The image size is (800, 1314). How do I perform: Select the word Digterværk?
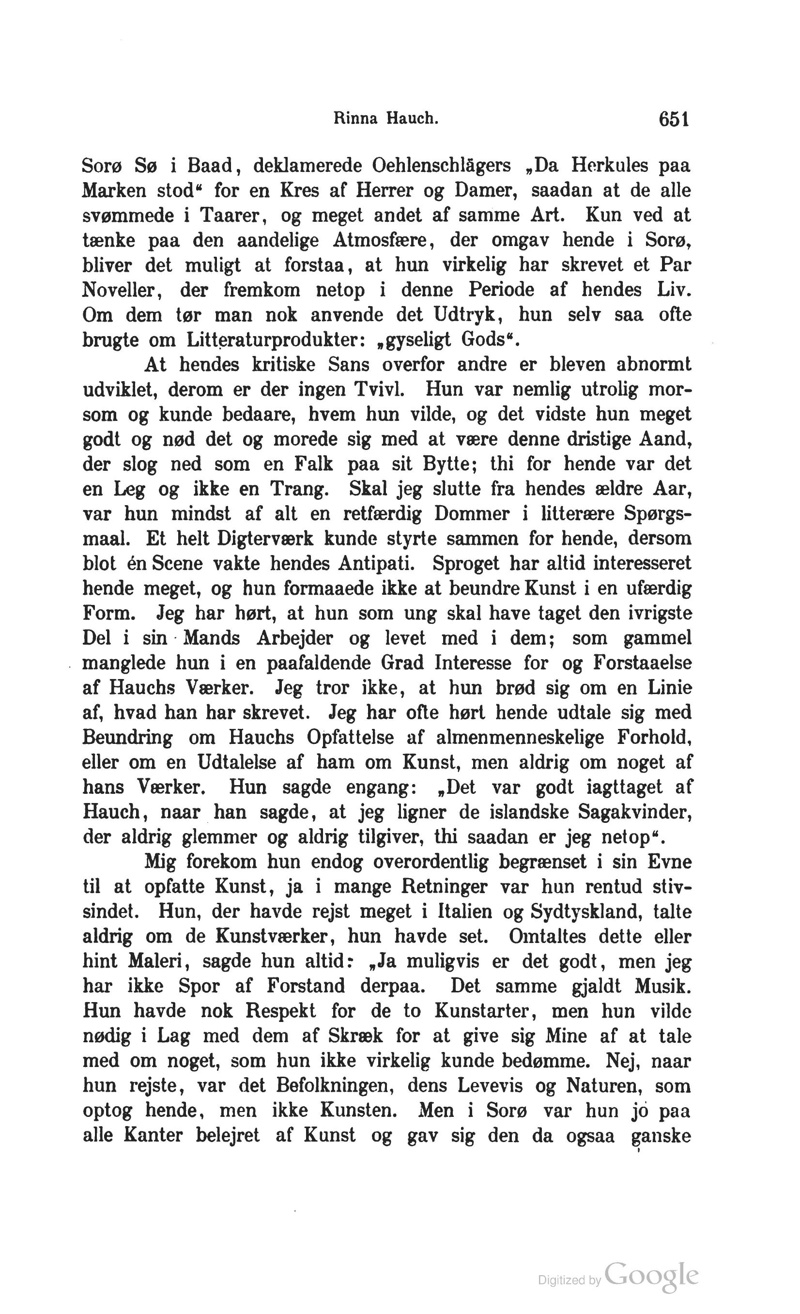[265, 539]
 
